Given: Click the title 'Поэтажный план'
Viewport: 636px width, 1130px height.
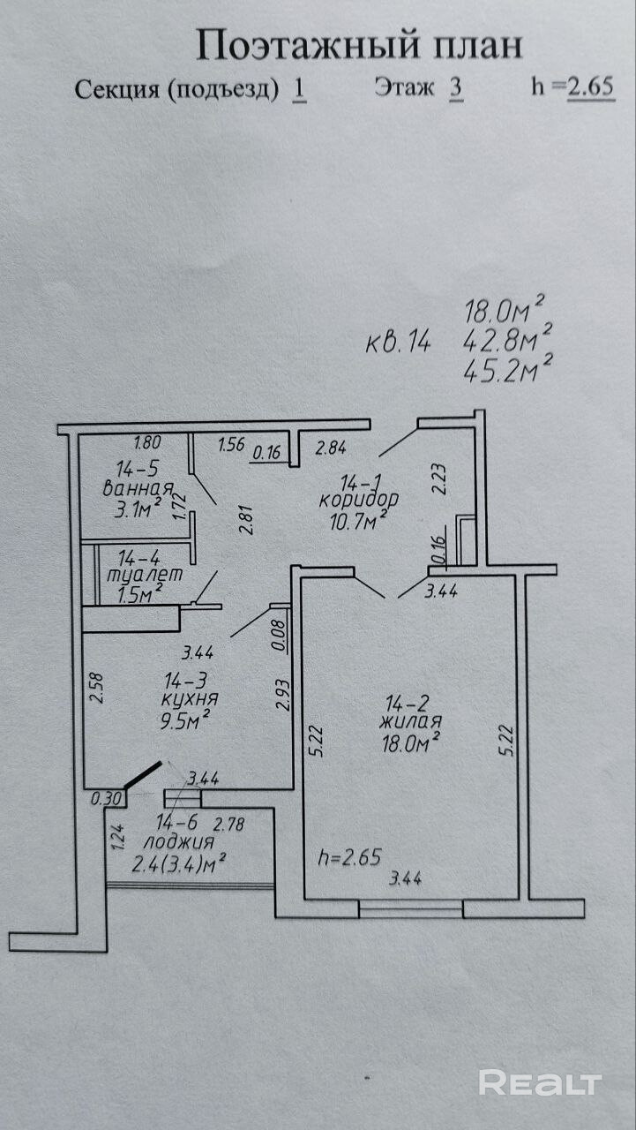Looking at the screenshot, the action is coord(358,44).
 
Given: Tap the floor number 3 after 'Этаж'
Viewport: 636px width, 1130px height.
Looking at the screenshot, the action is coord(455,88).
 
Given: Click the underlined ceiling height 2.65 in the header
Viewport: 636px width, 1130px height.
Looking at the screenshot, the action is coord(590,87).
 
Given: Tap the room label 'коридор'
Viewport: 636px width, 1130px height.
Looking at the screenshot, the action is coord(358,499).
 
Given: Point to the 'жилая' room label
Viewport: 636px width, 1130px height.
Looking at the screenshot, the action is coord(410,723).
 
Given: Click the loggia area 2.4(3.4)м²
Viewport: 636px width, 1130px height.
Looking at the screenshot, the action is coord(178,863).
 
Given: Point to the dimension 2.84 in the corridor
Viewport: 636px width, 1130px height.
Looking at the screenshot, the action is coord(331,448).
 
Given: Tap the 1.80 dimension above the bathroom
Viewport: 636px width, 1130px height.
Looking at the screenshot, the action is coord(147,444).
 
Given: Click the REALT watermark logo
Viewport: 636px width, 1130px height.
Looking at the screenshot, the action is coord(540,1082).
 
